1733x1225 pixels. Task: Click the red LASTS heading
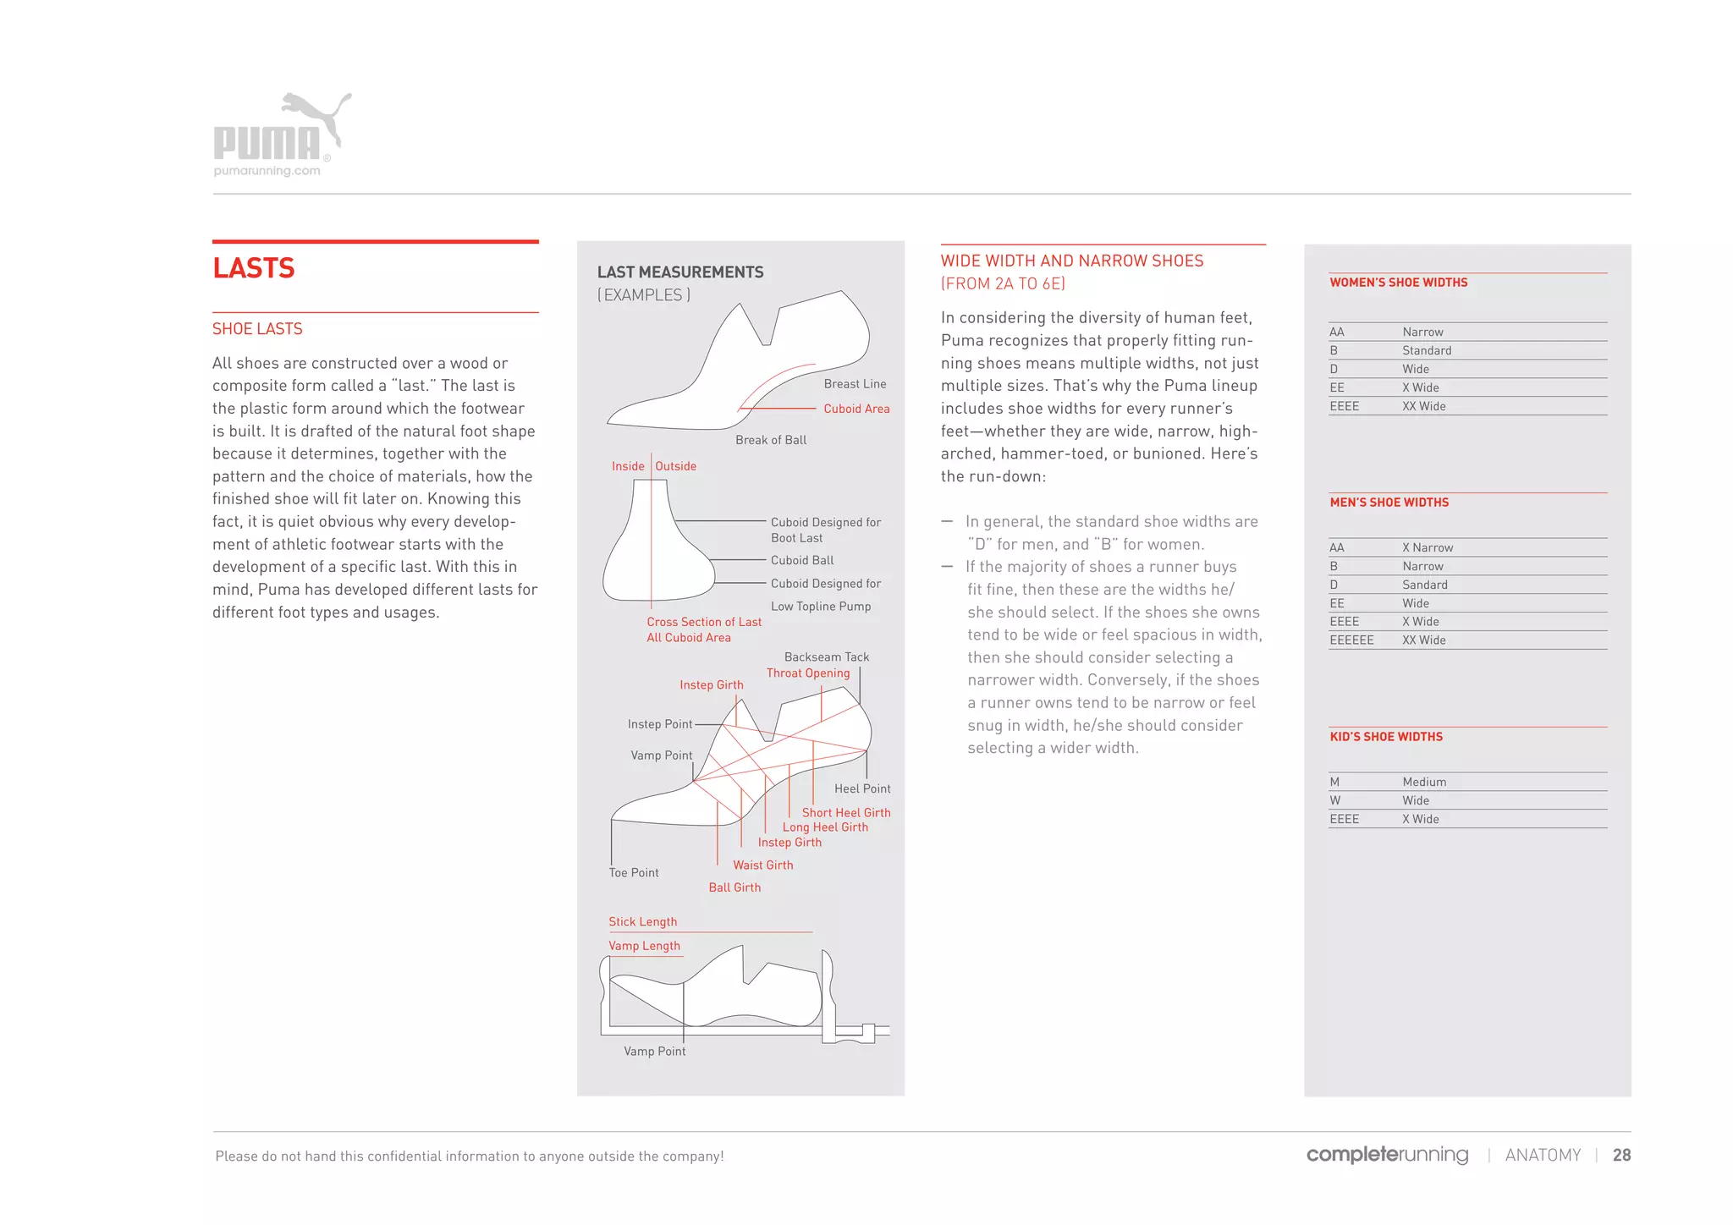click(253, 268)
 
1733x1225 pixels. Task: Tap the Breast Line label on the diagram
click(855, 384)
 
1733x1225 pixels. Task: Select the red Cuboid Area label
click(856, 409)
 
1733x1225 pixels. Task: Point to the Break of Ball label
click(770, 440)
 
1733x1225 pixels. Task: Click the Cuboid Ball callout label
click(801, 560)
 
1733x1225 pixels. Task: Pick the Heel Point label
click(861, 788)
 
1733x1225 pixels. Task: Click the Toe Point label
click(633, 872)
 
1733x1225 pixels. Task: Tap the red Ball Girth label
click(734, 887)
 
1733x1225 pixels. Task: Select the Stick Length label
click(642, 921)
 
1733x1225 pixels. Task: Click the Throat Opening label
click(807, 673)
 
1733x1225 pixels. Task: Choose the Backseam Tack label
click(826, 656)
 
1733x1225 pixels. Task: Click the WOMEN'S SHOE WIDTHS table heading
click(1398, 283)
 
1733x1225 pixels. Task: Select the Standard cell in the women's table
click(1426, 350)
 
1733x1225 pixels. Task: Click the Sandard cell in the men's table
click(1424, 585)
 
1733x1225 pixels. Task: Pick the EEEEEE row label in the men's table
click(1351, 640)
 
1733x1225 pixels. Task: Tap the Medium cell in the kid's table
click(1423, 782)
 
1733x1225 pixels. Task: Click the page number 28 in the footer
click(1620, 1155)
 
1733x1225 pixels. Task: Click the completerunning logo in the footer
click(1386, 1155)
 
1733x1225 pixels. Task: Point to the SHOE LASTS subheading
click(257, 329)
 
